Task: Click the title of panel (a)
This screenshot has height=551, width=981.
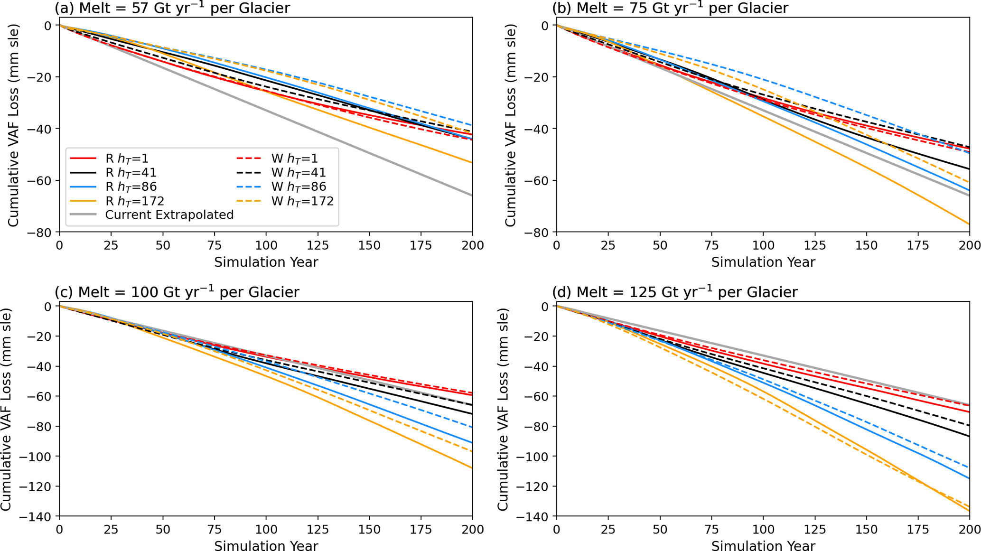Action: (172, 8)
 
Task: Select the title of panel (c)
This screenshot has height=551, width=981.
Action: (177, 291)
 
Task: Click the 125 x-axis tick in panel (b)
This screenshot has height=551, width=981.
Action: (815, 246)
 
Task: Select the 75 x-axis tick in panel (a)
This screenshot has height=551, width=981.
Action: (215, 246)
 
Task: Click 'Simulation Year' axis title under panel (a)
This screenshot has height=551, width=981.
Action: (266, 262)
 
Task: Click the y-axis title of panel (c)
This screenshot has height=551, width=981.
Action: (7, 409)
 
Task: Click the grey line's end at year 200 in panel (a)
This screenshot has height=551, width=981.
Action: (472, 196)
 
